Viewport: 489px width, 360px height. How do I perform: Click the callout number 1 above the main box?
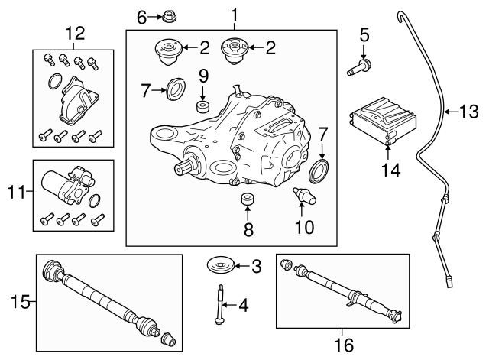235,15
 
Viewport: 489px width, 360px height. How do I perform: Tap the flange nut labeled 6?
167,15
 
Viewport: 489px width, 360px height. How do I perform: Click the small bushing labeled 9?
203,105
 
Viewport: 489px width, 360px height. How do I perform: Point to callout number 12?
76,34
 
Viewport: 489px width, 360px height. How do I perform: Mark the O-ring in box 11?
94,201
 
